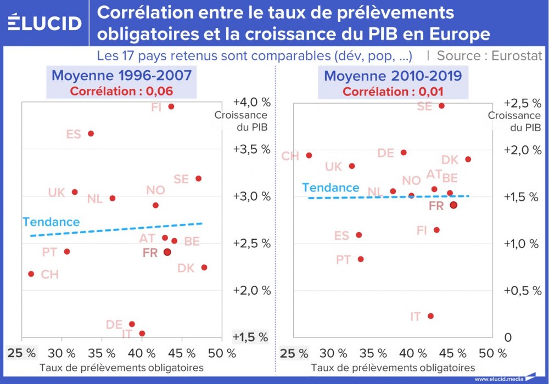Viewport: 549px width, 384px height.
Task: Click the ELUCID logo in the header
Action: (x=45, y=23)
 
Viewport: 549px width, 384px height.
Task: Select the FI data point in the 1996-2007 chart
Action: (x=171, y=106)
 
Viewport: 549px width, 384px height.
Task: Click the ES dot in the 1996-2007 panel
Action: (x=91, y=133)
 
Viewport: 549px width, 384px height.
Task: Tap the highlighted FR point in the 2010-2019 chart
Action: (x=453, y=205)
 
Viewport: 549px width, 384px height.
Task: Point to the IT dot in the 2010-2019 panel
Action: (x=431, y=316)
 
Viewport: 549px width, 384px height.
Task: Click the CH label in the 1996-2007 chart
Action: (x=49, y=274)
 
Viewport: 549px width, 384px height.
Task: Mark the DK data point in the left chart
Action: (x=204, y=267)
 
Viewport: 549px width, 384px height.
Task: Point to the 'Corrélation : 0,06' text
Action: (x=122, y=91)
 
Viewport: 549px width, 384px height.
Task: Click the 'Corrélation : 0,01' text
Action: (x=393, y=91)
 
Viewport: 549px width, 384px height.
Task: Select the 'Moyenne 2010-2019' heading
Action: (x=393, y=75)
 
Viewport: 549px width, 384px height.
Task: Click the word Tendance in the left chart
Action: (x=51, y=222)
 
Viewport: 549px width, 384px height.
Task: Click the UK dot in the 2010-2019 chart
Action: (x=352, y=166)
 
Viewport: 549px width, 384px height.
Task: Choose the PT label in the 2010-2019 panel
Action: (x=343, y=259)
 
